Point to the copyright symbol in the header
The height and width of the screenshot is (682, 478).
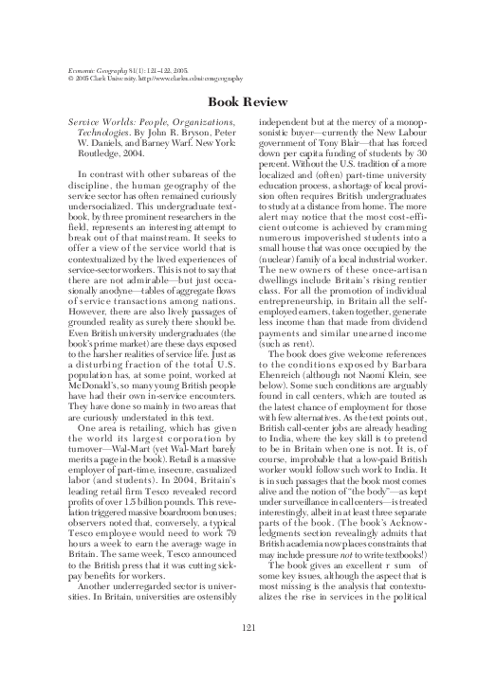[x=62, y=80]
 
